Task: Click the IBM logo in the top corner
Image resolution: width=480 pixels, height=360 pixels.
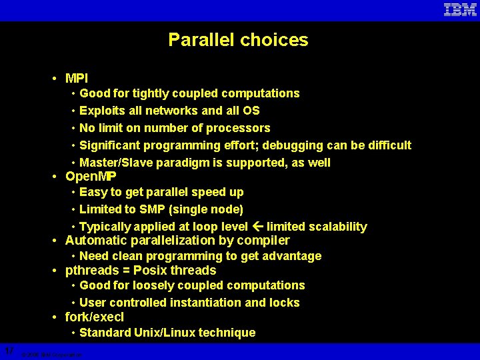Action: (460, 10)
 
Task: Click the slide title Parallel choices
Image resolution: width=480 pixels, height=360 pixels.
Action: (238, 40)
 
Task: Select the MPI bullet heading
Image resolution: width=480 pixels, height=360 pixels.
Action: (77, 78)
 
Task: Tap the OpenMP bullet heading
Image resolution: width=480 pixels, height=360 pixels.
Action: (91, 177)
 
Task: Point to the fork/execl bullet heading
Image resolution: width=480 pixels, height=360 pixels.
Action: (94, 317)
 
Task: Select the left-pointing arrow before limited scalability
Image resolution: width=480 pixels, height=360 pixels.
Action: (257, 227)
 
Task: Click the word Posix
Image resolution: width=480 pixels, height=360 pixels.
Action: (150, 270)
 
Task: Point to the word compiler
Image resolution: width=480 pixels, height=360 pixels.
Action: (265, 240)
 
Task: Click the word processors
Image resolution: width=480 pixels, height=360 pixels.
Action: (239, 128)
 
